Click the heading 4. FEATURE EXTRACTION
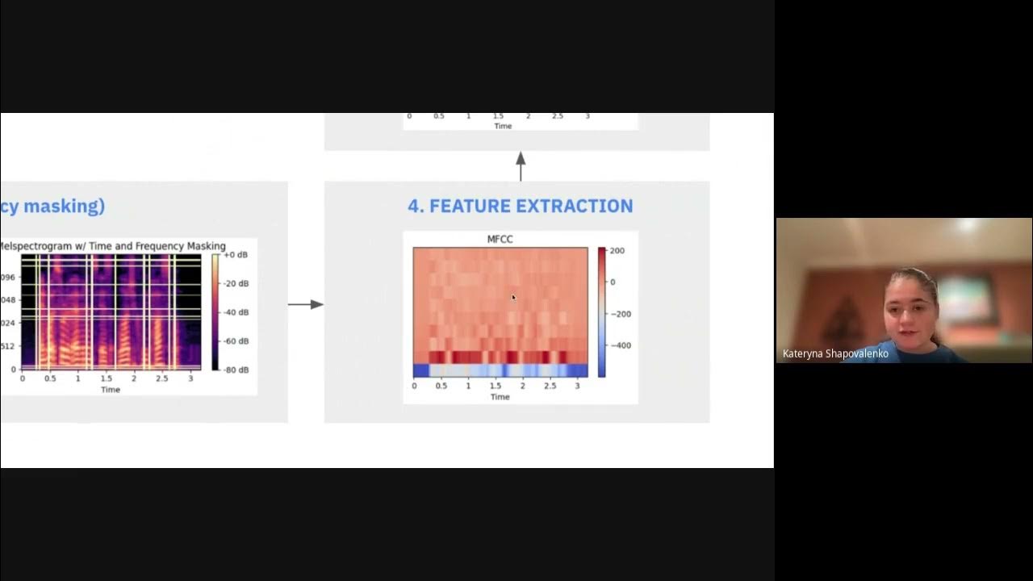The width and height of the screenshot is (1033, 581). pos(520,206)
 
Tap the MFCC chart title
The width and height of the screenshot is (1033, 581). pos(500,239)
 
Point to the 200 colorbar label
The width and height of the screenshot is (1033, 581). pos(617,251)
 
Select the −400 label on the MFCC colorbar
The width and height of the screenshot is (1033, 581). pos(620,345)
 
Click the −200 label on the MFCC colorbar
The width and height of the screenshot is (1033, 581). pos(620,314)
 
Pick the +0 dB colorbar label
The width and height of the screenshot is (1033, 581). pos(235,255)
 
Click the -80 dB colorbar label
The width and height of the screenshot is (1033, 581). pos(235,370)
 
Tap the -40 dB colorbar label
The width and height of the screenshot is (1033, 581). pos(235,312)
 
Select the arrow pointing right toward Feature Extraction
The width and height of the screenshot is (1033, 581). pos(306,304)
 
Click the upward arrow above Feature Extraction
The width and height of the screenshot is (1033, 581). pos(521,165)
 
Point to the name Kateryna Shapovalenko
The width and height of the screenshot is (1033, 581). pos(835,353)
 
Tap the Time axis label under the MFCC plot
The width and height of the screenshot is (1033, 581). pos(500,397)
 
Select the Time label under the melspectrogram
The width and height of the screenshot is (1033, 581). pos(111,390)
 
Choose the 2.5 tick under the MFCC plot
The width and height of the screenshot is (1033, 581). pos(550,387)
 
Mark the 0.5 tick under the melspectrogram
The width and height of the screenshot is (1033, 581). pos(50,378)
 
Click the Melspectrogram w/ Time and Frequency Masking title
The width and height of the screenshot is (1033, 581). pos(113,246)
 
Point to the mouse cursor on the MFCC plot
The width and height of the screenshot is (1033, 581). pos(513,298)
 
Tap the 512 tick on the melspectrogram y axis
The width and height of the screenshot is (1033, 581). pos(8,347)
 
